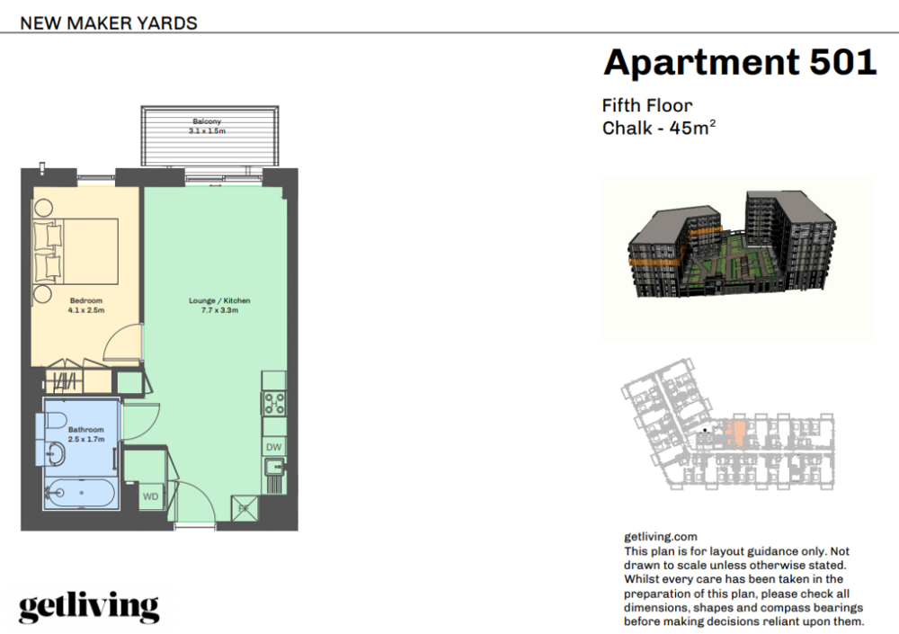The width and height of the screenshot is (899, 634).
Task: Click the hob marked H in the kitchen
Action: click(x=274, y=404)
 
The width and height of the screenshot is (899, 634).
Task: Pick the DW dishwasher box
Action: click(x=274, y=447)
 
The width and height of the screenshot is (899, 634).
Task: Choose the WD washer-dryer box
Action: click(x=151, y=496)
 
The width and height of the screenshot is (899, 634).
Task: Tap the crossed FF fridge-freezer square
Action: click(x=245, y=508)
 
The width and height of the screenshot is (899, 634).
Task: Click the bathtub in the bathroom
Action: click(x=80, y=493)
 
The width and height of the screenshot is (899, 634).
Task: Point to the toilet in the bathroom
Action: click(x=55, y=422)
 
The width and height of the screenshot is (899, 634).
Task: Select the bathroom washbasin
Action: click(x=56, y=454)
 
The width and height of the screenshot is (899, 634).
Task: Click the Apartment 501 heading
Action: click(x=740, y=63)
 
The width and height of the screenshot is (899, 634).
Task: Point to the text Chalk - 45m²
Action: click(x=659, y=128)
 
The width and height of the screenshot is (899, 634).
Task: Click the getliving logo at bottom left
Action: click(x=89, y=607)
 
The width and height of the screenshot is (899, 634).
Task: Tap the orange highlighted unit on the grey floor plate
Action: click(x=735, y=433)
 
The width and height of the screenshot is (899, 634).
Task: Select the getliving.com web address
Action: click(x=661, y=537)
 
